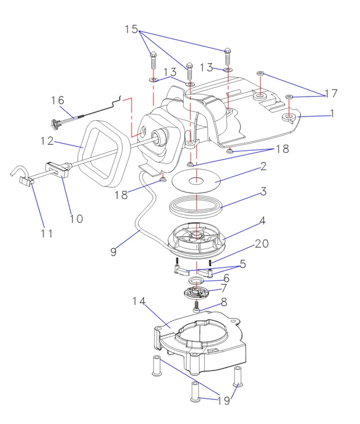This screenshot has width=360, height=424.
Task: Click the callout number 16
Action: pyautogui.click(x=57, y=101)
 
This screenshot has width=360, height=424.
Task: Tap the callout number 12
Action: pyautogui.click(x=47, y=141)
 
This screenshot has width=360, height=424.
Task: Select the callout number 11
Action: pyautogui.click(x=47, y=233)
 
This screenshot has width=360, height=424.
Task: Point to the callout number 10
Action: pyautogui.click(x=76, y=218)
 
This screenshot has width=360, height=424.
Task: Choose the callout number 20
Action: pyautogui.click(x=261, y=244)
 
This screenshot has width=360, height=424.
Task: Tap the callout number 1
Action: pyautogui.click(x=333, y=113)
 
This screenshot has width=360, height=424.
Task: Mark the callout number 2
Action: pyautogui.click(x=264, y=167)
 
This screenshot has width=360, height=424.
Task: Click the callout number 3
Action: pyautogui.click(x=264, y=192)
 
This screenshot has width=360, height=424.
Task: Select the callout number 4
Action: pyautogui.click(x=263, y=221)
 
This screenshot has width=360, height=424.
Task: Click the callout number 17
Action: pyautogui.click(x=331, y=93)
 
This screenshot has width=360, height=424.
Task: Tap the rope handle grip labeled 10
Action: pyautogui.click(x=56, y=170)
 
